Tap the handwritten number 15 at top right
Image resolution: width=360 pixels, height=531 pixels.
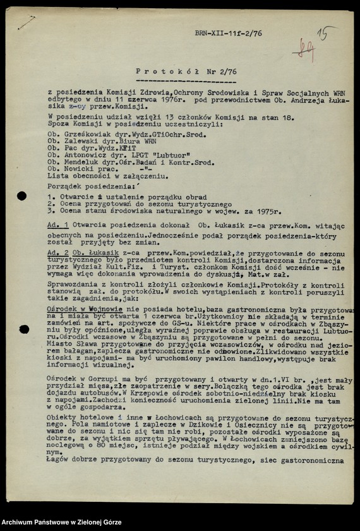325,34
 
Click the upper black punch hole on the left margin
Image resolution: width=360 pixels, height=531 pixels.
22,197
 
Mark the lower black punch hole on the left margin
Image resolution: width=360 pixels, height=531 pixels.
23,329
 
